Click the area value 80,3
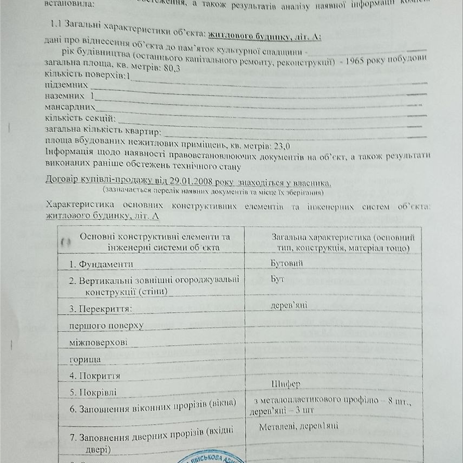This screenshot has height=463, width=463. (x=171, y=68)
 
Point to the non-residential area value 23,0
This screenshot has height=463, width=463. (x=282, y=146)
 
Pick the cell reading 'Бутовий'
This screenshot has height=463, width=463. (x=286, y=263)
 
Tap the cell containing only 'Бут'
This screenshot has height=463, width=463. (x=277, y=279)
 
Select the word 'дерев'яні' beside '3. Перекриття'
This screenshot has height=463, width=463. (x=289, y=305)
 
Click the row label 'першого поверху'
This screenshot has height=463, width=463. (x=106, y=326)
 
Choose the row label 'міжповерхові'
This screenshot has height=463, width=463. (x=98, y=342)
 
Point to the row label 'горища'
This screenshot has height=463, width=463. (x=85, y=360)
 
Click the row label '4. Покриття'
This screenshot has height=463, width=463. (x=95, y=376)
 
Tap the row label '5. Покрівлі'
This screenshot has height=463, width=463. (x=93, y=392)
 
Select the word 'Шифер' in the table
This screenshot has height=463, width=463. (x=286, y=384)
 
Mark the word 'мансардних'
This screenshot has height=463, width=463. (x=70, y=107)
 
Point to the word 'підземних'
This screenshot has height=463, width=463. (x=66, y=85)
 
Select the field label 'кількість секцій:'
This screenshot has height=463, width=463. (x=80, y=118)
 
